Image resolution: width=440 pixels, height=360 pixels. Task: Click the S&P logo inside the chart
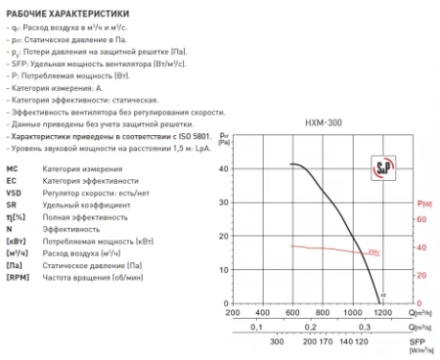click(376, 167)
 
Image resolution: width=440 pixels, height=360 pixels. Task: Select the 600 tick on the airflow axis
click(291, 312)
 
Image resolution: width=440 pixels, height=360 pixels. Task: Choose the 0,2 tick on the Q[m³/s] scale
click(307, 328)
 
